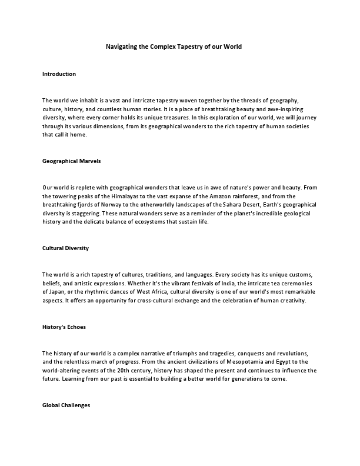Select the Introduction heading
click(59, 74)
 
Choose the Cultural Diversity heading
click(65, 248)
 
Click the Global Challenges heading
click(66, 405)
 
